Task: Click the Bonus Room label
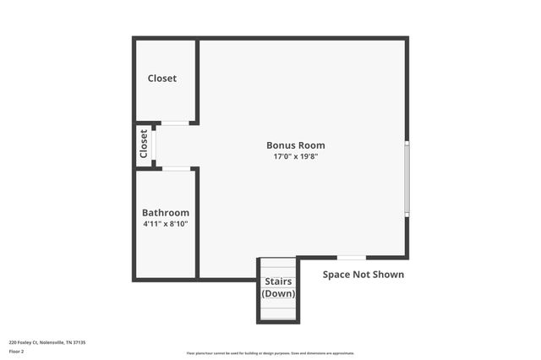point(295,145)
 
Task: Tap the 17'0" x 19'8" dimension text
point(295,157)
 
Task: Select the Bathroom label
point(165,213)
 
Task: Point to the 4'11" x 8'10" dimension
point(165,225)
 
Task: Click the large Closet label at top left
point(162,79)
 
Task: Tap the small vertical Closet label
point(144,144)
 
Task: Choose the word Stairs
point(278,281)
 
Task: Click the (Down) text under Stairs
point(278,294)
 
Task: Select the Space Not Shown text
point(363,275)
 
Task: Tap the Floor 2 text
point(17,351)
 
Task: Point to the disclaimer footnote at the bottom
point(270,353)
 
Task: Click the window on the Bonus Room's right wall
point(407,179)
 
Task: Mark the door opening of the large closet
point(176,123)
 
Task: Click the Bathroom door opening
point(176,169)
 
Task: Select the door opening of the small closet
point(155,145)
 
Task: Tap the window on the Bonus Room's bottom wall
point(351,257)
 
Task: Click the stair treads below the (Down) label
point(278,310)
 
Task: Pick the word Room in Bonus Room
point(311,145)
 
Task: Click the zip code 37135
point(79,342)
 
